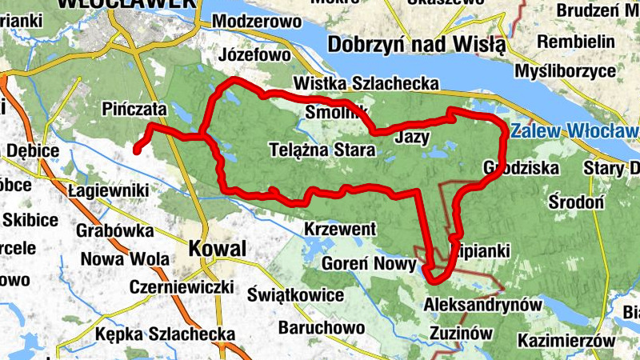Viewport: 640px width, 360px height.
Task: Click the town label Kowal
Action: (x=217, y=249)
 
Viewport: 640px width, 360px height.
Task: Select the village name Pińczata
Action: (x=134, y=109)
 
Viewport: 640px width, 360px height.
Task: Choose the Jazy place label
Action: (x=413, y=137)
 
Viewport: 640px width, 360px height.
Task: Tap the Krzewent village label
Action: (x=340, y=230)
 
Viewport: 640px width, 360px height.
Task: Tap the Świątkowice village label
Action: (x=295, y=294)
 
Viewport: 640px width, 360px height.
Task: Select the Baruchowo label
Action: (x=322, y=327)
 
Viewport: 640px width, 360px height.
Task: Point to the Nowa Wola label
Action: (x=125, y=259)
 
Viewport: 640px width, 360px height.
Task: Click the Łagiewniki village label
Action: (x=109, y=190)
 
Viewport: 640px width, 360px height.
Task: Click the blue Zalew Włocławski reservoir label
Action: (x=574, y=130)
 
